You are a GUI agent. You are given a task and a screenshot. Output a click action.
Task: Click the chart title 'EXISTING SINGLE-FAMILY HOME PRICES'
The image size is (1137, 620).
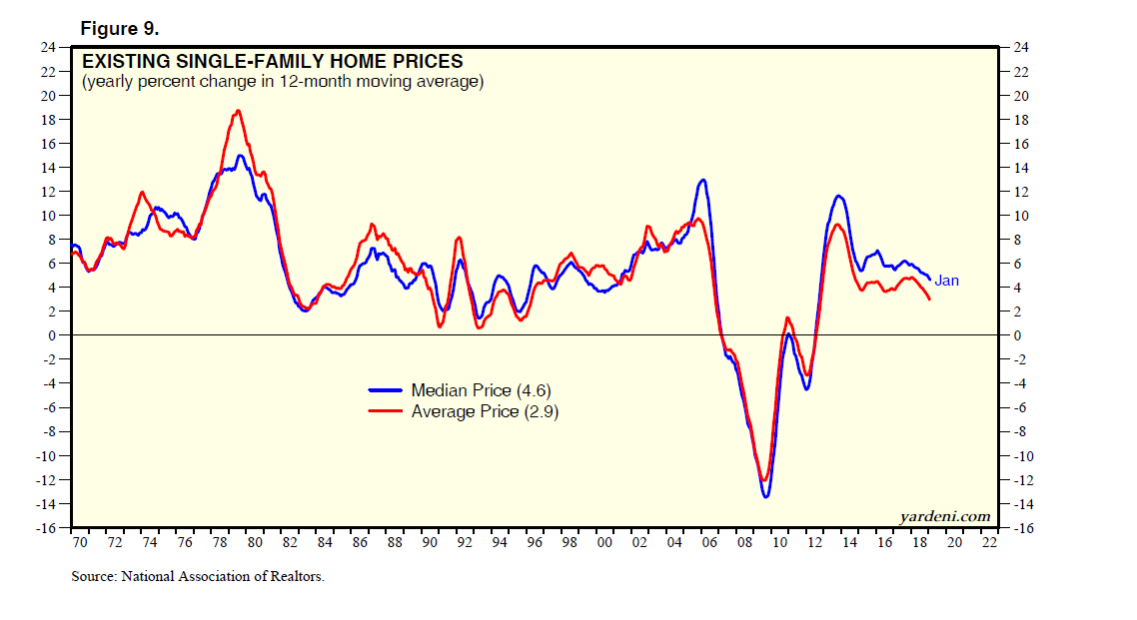pyautogui.click(x=272, y=61)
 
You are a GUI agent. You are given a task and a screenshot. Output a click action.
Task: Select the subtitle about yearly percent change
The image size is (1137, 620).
pyautogui.click(x=283, y=82)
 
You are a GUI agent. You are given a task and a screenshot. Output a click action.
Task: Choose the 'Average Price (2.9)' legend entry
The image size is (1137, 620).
pyautogui.click(x=485, y=410)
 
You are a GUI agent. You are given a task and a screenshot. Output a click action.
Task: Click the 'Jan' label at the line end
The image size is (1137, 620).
pyautogui.click(x=946, y=281)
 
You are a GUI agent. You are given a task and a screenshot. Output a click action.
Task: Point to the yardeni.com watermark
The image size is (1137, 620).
pyautogui.click(x=945, y=515)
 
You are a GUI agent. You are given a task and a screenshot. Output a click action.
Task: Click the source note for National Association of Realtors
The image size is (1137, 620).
pyautogui.click(x=198, y=576)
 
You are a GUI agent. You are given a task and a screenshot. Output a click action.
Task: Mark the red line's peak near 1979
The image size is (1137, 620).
pyautogui.click(x=238, y=111)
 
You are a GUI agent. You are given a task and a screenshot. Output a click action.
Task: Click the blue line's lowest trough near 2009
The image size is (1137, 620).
pyautogui.click(x=766, y=496)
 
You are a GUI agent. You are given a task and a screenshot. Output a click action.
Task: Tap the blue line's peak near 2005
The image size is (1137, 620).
pyautogui.click(x=703, y=180)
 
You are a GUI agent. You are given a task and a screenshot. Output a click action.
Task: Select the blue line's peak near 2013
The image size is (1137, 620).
pyautogui.click(x=838, y=196)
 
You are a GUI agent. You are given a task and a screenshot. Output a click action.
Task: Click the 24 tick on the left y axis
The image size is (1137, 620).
pyautogui.click(x=47, y=47)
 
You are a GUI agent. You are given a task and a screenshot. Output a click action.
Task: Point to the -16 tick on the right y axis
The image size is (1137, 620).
pyautogui.click(x=1024, y=528)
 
